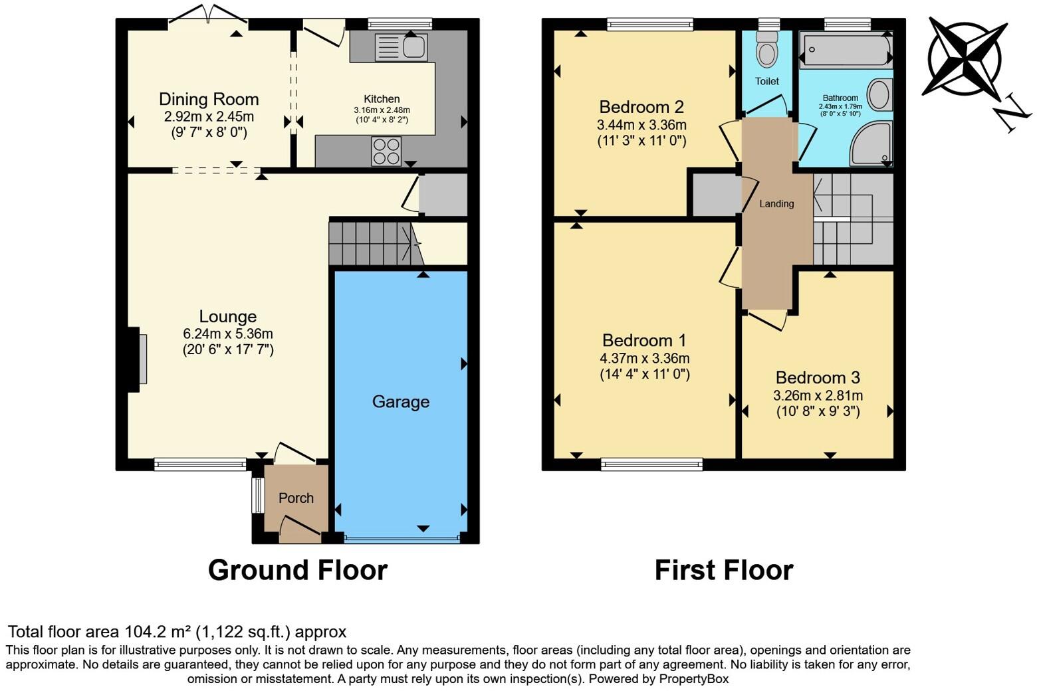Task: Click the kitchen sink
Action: click(402, 47)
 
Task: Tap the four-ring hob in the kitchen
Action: click(386, 151)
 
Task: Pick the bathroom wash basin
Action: click(880, 95)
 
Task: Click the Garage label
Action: click(400, 401)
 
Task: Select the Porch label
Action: click(296, 498)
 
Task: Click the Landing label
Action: click(776, 204)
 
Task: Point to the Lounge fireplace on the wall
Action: click(142, 359)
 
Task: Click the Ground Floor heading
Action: click(297, 570)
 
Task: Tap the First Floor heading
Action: click(723, 570)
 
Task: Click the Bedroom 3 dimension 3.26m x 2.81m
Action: click(818, 395)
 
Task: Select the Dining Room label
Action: click(209, 100)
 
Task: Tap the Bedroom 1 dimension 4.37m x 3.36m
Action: click(644, 358)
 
